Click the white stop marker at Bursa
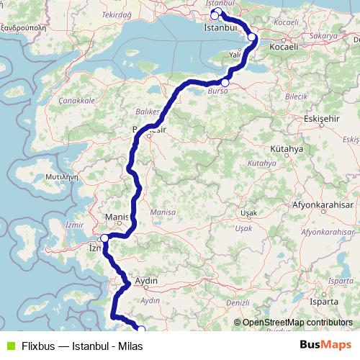click(225, 83)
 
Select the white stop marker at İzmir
click(104, 238)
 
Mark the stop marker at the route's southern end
click(141, 330)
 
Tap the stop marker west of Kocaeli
click(252, 37)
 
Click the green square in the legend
click(9, 346)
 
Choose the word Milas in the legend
click(130, 346)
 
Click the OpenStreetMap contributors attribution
click(297, 323)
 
